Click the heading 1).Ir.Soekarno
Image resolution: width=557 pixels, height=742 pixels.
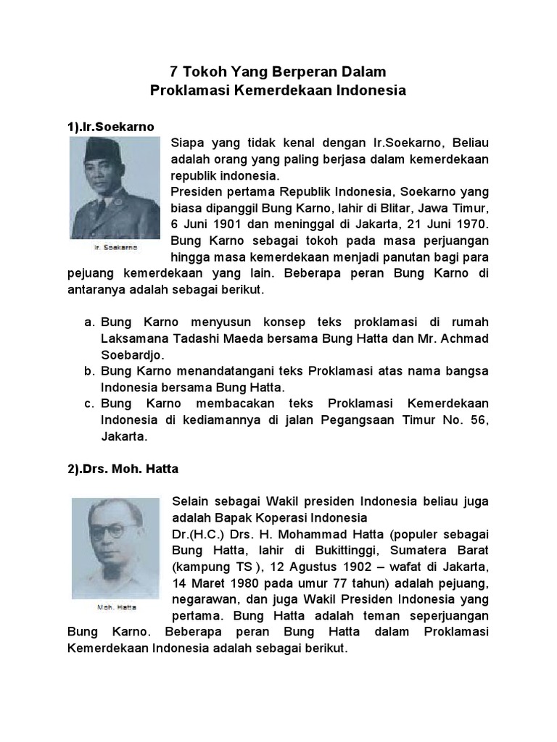(x=111, y=126)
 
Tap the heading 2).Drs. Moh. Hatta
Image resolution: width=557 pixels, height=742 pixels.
(x=123, y=469)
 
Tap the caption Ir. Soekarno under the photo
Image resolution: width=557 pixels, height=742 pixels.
(x=115, y=247)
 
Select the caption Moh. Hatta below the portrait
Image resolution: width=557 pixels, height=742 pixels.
(x=116, y=606)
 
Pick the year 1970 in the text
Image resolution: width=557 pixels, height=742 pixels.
(x=473, y=222)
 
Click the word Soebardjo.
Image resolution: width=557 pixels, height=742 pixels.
(x=131, y=355)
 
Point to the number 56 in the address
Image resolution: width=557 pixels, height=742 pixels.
(x=474, y=420)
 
